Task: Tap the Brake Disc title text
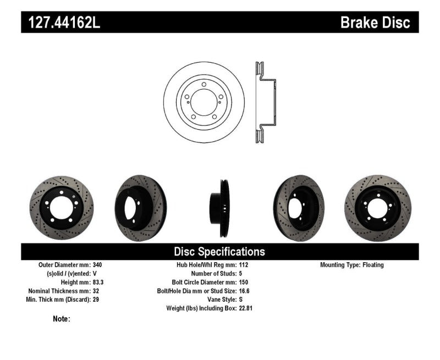click(375, 23)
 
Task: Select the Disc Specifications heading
click(219, 252)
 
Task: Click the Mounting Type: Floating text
click(352, 265)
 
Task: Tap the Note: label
click(62, 319)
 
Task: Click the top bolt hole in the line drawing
click(204, 85)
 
